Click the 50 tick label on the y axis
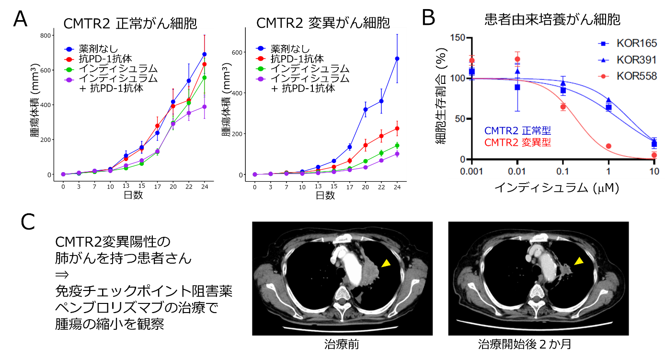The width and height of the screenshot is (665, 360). click(460, 119)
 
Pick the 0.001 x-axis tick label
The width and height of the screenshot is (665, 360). click(471, 172)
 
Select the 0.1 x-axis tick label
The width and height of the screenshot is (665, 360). click(563, 172)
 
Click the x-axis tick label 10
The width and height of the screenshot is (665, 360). click(654, 172)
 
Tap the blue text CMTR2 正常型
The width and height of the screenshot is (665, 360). click(517, 130)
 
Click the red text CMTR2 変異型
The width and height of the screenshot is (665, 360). click(517, 142)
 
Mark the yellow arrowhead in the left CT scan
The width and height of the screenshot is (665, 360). click(386, 263)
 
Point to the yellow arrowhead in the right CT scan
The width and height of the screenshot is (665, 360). click(579, 261)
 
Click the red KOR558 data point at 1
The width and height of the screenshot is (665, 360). click(608, 146)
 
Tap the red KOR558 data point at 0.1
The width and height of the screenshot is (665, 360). click(563, 107)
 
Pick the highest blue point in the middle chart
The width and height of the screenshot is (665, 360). click(397, 58)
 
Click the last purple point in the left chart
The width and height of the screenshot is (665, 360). click(205, 106)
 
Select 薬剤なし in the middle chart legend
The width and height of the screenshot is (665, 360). click(290, 48)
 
